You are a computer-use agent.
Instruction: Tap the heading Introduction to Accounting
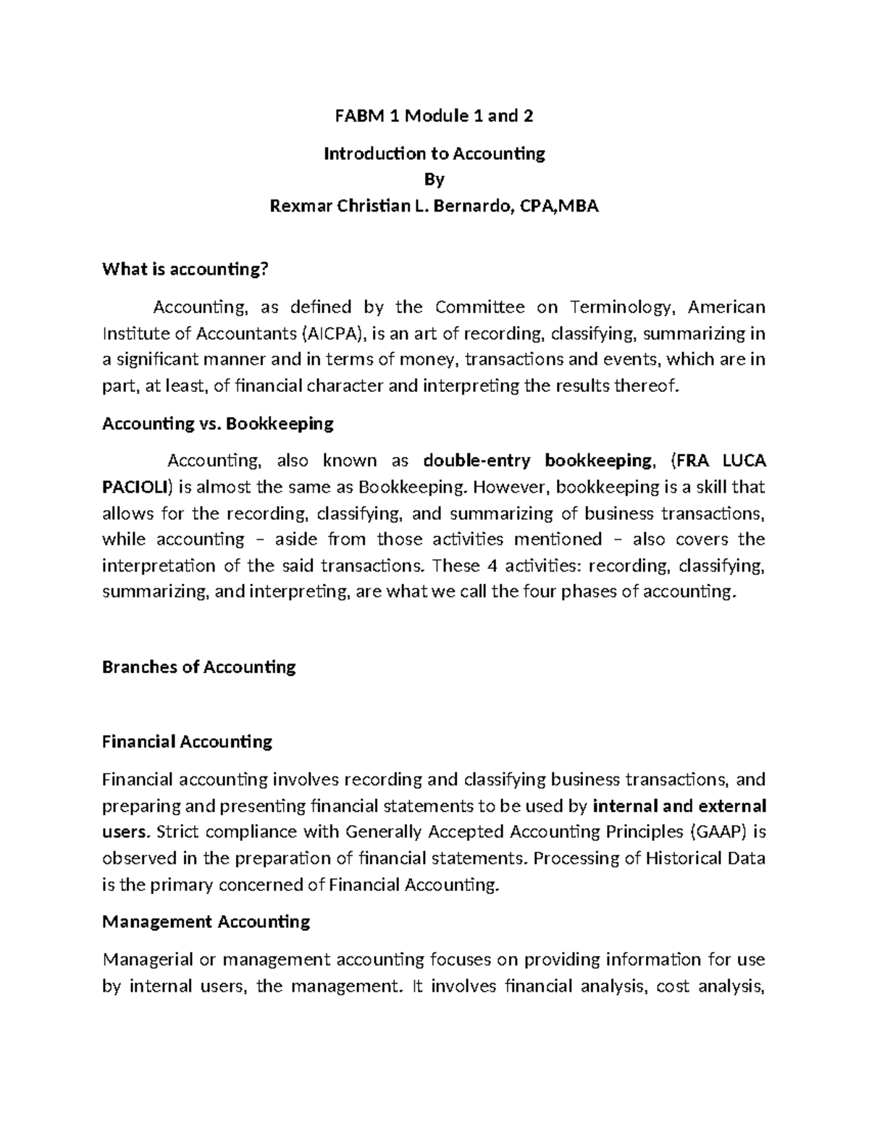point(434,154)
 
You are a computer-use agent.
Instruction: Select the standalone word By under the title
point(434,179)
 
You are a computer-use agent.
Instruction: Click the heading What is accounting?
point(185,269)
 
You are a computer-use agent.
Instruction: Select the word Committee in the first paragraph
point(480,307)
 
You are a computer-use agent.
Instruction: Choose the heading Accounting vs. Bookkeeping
point(218,423)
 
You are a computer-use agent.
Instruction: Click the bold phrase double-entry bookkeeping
point(537,461)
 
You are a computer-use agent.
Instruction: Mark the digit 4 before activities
point(488,565)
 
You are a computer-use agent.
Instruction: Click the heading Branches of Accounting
point(199,666)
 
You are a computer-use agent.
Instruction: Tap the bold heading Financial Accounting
point(188,742)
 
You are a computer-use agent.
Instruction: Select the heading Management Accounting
point(206,921)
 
